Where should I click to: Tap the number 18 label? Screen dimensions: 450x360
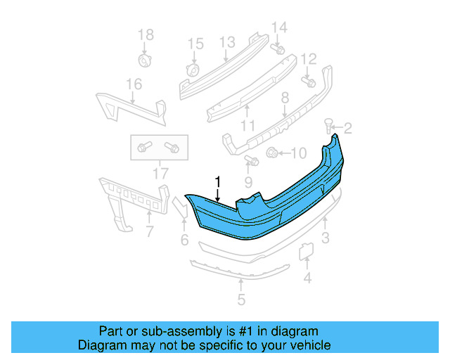145,34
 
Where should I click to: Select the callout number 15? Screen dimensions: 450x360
195,44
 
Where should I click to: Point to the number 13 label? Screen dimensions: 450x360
226,43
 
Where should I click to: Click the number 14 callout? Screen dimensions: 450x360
279,27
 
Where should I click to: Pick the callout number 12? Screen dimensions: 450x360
308,58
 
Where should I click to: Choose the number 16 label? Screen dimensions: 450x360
134,84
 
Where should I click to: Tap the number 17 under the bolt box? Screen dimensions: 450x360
160,172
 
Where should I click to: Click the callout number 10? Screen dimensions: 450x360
298,153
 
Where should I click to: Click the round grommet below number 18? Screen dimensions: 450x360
146,59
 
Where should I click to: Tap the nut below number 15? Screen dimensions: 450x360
193,70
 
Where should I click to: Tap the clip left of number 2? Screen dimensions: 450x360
328,126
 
